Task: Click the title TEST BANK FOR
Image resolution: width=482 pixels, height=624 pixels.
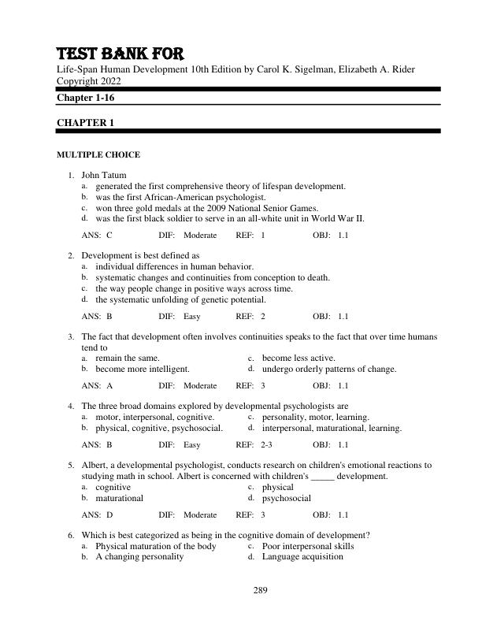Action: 120,54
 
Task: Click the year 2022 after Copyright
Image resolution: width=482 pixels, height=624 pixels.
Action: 118,81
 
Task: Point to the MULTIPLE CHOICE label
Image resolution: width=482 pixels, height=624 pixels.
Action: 98,155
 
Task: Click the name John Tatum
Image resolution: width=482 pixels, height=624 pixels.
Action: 103,175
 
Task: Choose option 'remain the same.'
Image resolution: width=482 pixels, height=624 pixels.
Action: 127,358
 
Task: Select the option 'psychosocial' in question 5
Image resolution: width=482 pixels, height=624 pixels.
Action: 287,498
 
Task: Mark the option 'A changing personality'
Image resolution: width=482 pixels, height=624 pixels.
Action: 139,556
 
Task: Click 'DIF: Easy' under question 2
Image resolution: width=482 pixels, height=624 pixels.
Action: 180,317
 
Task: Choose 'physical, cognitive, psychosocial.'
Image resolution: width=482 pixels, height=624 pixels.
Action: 159,429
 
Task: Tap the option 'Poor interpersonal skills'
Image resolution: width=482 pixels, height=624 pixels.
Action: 308,546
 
